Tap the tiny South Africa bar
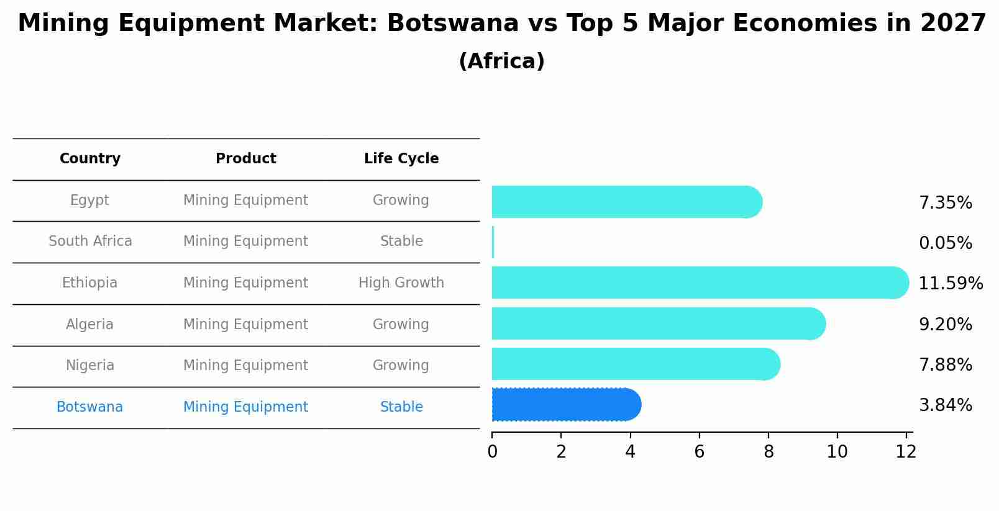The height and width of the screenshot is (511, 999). [493, 242]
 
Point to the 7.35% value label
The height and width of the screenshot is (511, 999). [945, 203]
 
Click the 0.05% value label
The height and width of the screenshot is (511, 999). [945, 243]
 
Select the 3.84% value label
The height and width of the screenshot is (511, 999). [945, 405]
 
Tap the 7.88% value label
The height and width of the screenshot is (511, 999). [945, 365]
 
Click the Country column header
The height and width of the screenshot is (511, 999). [90, 159]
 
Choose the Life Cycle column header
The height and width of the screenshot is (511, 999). [401, 159]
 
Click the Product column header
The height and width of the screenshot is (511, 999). [246, 159]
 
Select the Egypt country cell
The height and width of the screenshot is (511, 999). [89, 201]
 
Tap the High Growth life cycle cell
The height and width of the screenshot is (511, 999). [401, 283]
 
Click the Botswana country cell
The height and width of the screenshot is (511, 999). [89, 407]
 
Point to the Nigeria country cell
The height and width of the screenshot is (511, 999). [90, 366]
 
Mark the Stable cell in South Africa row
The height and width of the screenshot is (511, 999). [401, 242]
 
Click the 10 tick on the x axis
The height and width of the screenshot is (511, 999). [837, 452]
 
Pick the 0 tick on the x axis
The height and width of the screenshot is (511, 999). [492, 452]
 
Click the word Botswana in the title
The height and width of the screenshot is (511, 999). [453, 24]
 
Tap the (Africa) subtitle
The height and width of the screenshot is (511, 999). [501, 61]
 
